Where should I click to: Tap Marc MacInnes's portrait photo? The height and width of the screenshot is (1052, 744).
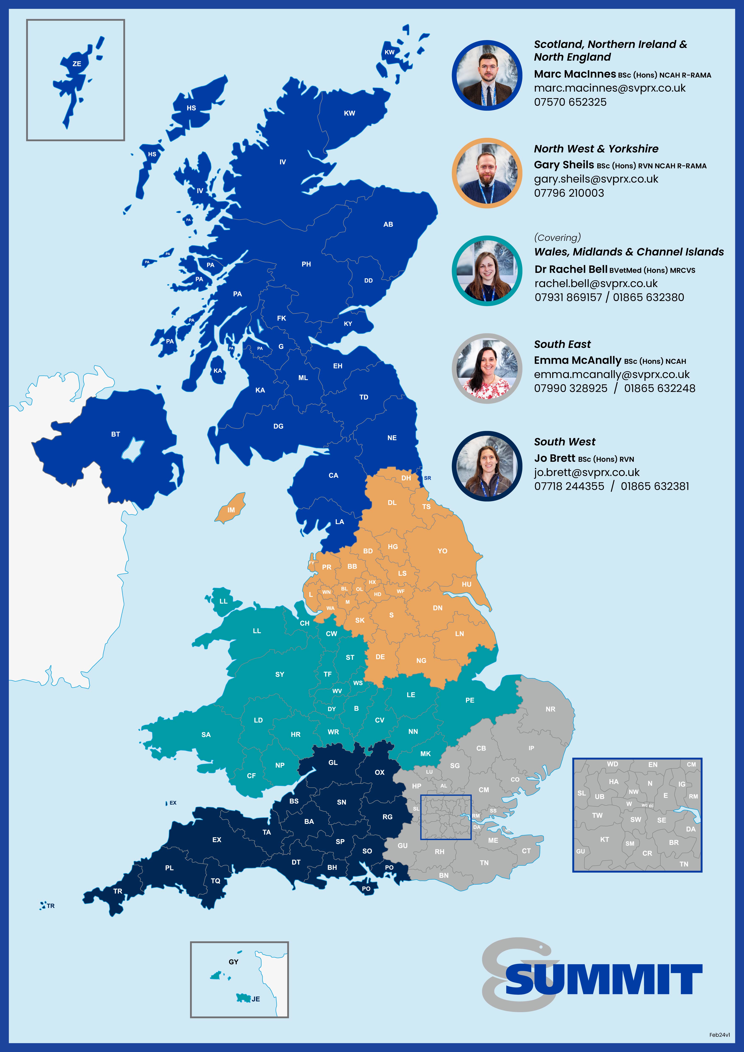(487, 76)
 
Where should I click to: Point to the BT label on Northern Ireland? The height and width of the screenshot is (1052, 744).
(116, 434)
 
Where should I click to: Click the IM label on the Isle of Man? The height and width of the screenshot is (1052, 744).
(231, 510)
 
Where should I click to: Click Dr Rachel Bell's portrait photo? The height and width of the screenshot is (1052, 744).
(487, 271)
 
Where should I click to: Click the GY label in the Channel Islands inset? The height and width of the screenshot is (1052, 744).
(233, 962)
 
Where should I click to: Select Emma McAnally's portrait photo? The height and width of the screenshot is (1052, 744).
(487, 368)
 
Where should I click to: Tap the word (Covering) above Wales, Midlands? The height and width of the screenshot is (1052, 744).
(557, 237)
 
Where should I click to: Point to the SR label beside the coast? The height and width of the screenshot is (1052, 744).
(427, 478)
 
